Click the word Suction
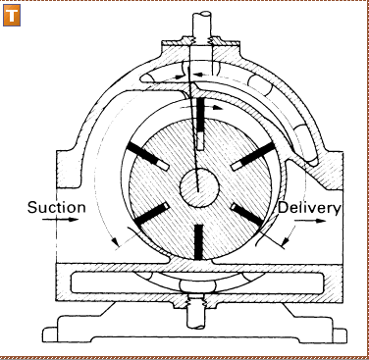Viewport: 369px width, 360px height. point(57,207)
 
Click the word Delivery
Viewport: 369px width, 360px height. point(309,207)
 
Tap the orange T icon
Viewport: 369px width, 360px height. point(12,18)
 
